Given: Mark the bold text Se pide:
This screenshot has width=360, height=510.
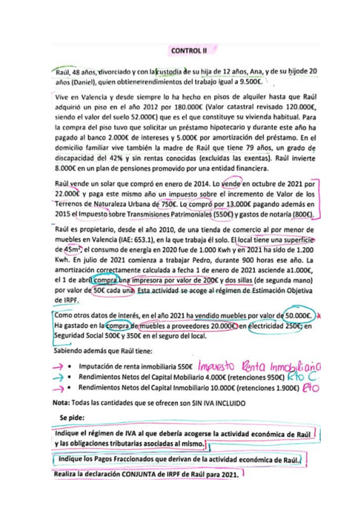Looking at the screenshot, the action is [73, 417].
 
